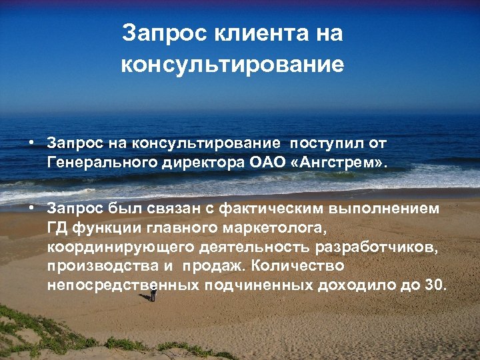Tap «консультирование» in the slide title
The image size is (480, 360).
[x=233, y=65]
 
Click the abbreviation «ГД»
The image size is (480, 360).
[x=56, y=229]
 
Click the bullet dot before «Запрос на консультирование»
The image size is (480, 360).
[x=31, y=143]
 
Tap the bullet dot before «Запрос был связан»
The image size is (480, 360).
[x=31, y=209]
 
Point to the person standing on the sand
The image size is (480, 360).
[x=153, y=293]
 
